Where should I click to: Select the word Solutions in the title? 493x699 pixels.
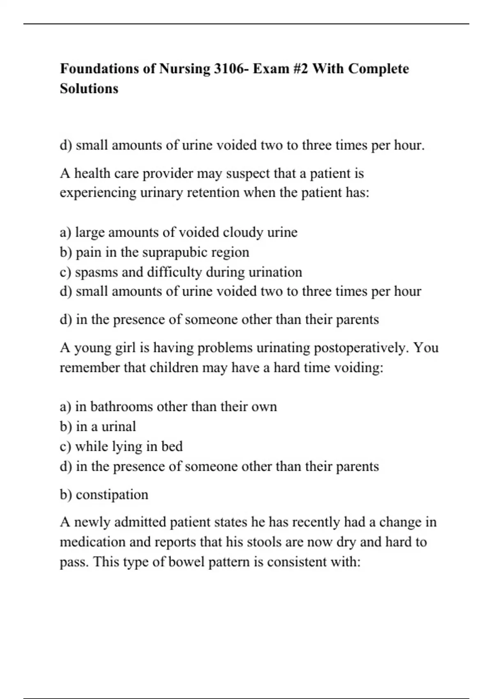[x=89, y=88]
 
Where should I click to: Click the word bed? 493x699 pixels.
[x=172, y=446]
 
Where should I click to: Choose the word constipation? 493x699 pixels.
[x=112, y=494]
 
